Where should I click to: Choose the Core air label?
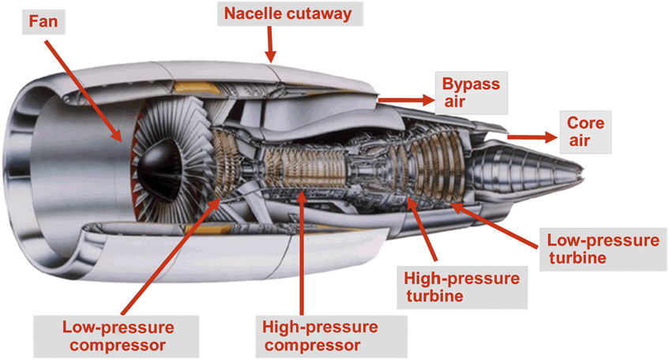(x=586, y=133)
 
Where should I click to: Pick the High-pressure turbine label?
(x=461, y=288)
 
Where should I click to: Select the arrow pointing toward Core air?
(x=532, y=137)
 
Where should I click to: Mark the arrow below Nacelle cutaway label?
(x=270, y=43)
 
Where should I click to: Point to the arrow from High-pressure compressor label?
(x=300, y=253)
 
